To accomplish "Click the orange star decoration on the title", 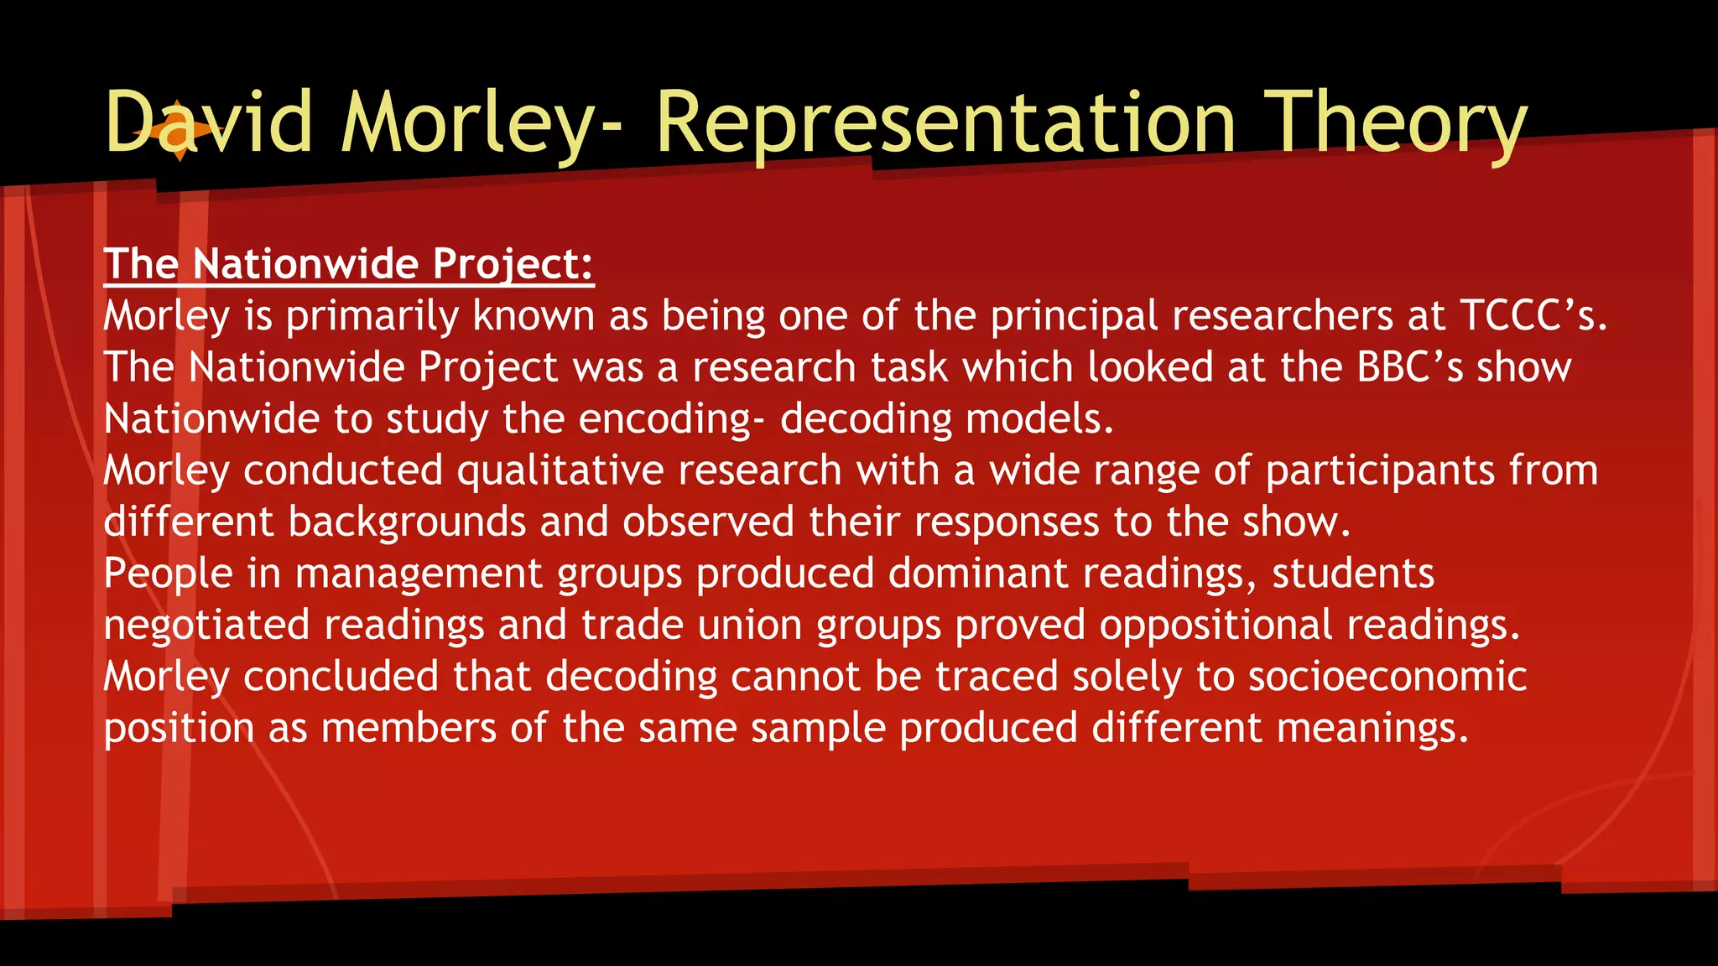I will [179, 131].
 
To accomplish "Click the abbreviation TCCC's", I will [1533, 316].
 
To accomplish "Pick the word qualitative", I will [560, 470].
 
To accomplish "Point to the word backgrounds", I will [407, 522].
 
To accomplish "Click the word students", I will [1353, 574].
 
